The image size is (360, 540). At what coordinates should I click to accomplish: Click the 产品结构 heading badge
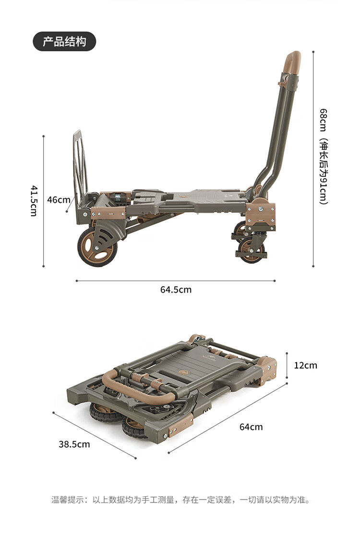(x=64, y=41)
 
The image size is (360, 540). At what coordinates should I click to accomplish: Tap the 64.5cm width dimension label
(x=176, y=290)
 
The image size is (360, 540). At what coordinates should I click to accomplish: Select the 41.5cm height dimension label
(x=34, y=201)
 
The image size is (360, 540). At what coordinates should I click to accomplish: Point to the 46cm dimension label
(x=59, y=200)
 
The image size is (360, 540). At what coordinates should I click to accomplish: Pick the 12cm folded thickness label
(x=306, y=365)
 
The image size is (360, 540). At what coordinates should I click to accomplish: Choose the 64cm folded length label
(x=251, y=427)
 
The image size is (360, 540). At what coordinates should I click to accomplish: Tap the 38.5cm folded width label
(x=74, y=444)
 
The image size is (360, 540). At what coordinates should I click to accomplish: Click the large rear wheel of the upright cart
(x=97, y=246)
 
